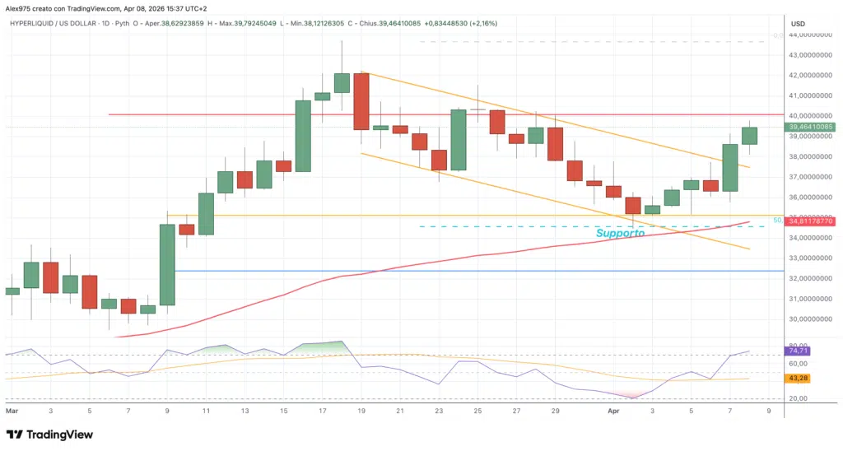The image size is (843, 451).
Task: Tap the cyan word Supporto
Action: pos(620,233)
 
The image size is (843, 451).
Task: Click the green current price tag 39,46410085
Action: pos(810,127)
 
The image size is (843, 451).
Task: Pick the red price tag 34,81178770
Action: pos(810,221)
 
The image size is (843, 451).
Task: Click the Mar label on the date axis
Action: pos(12,409)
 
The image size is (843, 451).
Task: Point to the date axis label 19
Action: pos(361,409)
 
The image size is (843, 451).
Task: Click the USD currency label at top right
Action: pos(797,24)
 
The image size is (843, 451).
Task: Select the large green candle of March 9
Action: pos(167,264)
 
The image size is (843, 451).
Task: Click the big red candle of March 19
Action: pos(361,100)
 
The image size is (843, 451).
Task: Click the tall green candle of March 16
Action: pos(303,136)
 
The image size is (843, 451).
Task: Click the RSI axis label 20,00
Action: pos(799,398)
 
